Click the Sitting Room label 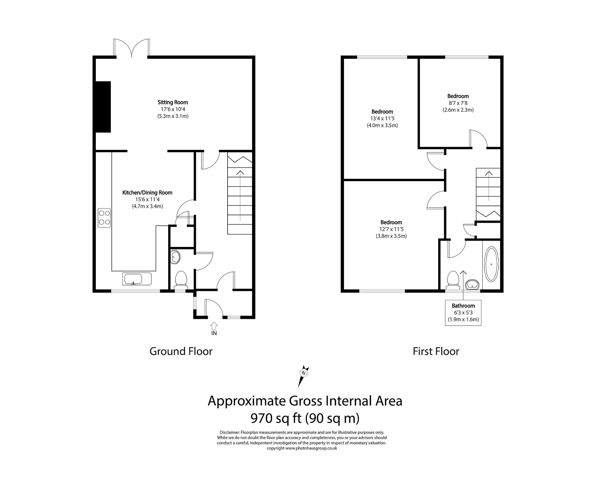click(173, 102)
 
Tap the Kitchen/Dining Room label click(147, 192)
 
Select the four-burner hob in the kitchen click(104, 218)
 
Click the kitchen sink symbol click(133, 279)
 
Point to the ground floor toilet click(181, 279)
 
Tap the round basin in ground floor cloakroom click(175, 257)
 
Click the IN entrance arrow click(214, 326)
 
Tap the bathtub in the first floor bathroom click(491, 264)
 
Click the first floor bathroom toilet click(453, 279)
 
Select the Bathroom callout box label click(463, 306)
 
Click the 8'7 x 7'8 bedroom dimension click(458, 103)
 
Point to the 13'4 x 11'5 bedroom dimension click(382, 119)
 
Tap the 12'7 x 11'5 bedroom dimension click(391, 229)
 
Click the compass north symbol click(304, 373)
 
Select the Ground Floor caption click(181, 351)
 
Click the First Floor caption click(436, 351)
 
